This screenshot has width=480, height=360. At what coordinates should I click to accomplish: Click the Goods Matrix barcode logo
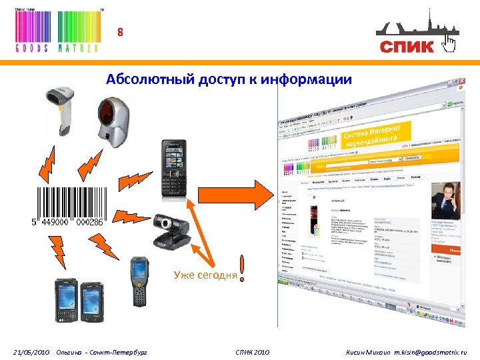click(x=57, y=31)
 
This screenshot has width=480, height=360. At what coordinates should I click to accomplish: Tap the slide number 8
click(x=121, y=32)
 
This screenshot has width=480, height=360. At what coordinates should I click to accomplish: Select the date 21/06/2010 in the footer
click(x=31, y=351)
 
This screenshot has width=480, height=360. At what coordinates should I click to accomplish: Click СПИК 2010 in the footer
click(x=253, y=351)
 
